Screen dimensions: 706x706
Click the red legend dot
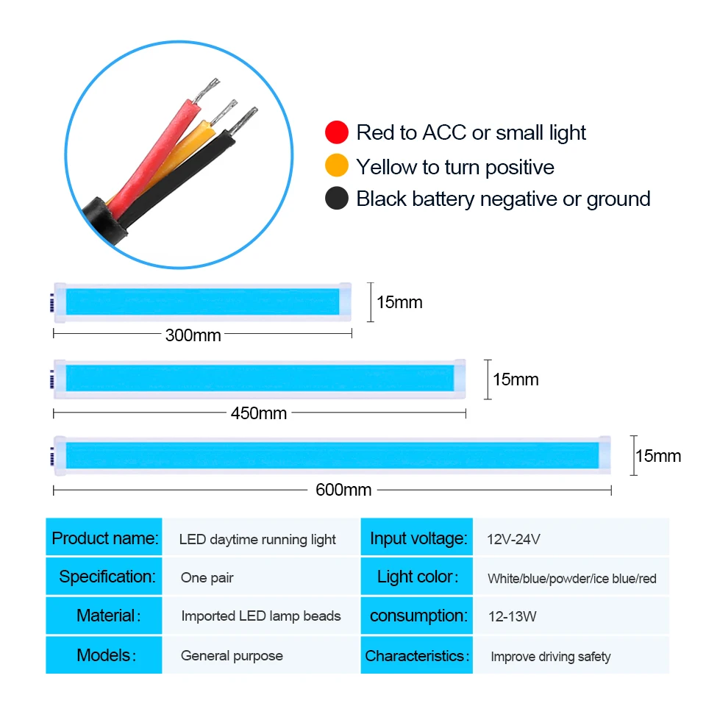[337, 132]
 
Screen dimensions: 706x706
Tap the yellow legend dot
[337, 165]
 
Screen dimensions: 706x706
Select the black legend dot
[337, 198]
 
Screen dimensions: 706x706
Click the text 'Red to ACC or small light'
[471, 133]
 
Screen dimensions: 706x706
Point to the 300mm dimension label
[193, 335]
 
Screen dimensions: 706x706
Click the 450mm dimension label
[258, 413]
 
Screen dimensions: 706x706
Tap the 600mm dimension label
[343, 490]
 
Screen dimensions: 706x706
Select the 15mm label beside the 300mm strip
[399, 302]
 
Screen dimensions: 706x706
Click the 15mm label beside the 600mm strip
[658, 456]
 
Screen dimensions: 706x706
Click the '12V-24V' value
[513, 539]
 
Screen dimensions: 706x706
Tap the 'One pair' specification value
[207, 578]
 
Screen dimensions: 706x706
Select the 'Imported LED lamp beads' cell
[261, 616]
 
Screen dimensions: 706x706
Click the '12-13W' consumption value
[513, 616]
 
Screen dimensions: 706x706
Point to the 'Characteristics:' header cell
[417, 655]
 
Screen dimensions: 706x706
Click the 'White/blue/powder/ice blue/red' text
[572, 579]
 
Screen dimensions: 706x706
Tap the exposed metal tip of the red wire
[207, 90]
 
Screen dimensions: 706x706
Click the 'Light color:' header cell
[417, 577]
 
